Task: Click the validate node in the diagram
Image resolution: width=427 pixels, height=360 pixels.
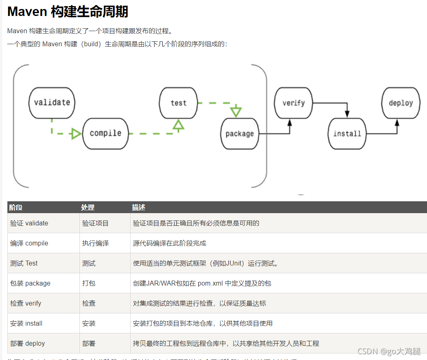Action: point(52,103)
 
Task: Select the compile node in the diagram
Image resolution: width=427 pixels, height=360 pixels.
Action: point(106,133)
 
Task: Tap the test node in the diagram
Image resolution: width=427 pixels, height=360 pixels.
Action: point(178,103)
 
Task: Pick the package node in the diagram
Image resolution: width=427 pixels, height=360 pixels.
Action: point(239,134)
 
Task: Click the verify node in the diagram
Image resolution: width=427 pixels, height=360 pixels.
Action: point(294,103)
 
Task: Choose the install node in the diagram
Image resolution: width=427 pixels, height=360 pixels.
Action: point(347,134)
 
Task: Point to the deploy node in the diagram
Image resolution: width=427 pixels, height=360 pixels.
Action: point(401,103)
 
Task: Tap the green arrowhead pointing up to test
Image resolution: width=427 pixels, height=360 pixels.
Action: point(178,125)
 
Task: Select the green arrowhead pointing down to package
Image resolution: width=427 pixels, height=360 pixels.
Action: point(236,111)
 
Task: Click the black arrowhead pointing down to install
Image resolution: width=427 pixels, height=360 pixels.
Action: point(347,113)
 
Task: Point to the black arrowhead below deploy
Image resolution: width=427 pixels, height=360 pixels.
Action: point(397,123)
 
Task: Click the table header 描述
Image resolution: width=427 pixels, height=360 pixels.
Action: point(139,207)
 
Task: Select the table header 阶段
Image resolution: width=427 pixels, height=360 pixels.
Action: point(16,207)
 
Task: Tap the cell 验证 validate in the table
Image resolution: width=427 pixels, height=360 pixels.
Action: point(29,223)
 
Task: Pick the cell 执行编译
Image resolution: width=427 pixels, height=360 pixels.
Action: point(95,243)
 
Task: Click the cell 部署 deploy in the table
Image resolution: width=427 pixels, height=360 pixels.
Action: point(27,344)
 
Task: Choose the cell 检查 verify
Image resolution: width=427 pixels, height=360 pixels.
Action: point(26,304)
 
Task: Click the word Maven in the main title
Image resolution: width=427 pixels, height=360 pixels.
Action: point(27,11)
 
